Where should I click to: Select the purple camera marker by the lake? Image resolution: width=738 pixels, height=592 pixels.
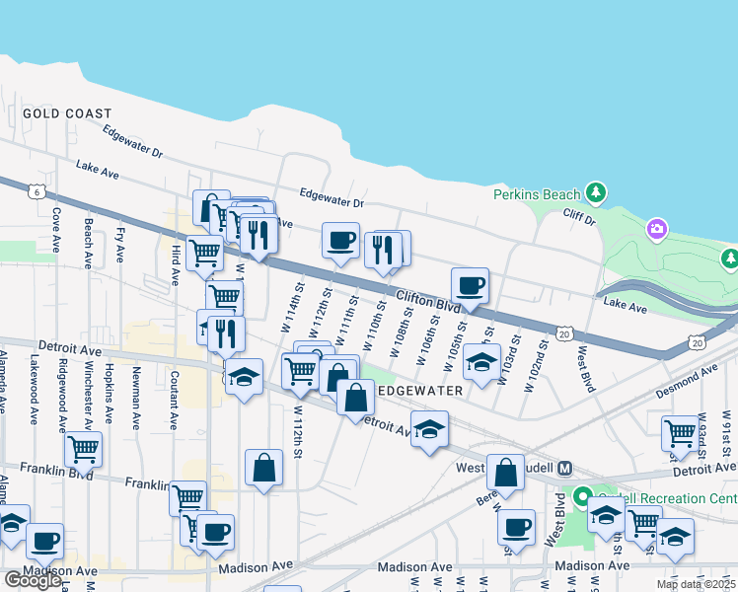coord(657,230)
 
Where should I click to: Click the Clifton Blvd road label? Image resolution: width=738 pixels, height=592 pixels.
coord(429,300)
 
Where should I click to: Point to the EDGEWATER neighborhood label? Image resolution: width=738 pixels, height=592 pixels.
coord(421,391)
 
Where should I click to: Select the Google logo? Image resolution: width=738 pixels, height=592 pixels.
coord(34,580)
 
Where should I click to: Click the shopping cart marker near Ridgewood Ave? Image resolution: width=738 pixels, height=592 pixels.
coord(83,450)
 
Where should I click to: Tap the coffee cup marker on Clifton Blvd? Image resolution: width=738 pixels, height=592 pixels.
coord(471,286)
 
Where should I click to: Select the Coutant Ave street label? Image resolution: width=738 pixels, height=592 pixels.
coord(173,399)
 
